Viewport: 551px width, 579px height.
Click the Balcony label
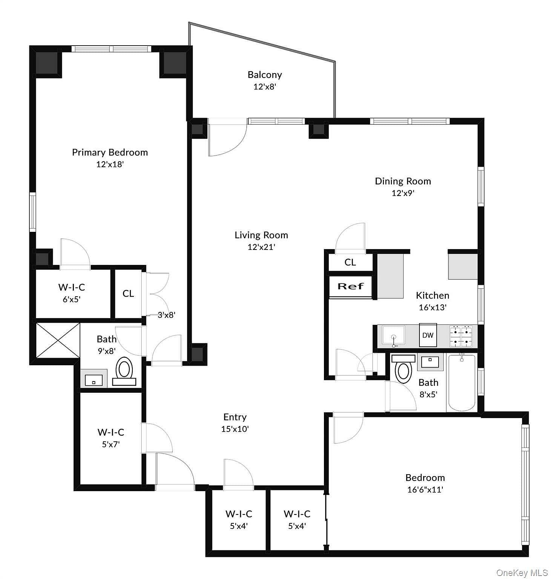264,75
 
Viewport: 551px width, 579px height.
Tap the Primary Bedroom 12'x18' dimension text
110,164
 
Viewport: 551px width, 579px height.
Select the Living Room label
261,235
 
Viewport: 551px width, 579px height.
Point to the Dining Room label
402,181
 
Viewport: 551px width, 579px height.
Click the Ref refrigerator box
350,286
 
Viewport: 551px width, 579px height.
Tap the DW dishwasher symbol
428,335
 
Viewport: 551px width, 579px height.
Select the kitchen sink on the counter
393,335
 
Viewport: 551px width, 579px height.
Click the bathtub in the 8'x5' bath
462,382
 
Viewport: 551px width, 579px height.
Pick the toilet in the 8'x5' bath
403,370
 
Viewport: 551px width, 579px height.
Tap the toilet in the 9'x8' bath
124,369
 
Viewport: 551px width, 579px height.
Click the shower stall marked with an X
58,340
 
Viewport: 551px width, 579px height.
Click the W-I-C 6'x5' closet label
72,287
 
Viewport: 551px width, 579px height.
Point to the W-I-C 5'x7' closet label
111,432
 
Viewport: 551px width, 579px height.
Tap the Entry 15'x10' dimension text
235,429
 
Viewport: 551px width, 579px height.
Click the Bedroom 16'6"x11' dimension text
425,490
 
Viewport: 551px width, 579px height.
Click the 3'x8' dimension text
166,315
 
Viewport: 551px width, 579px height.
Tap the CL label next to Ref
350,262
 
